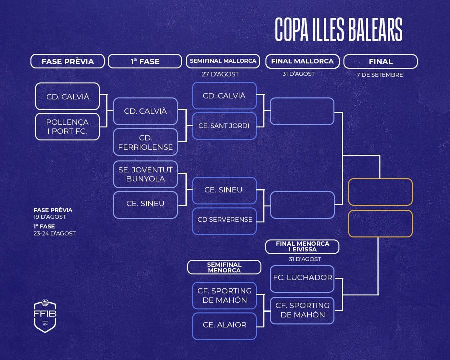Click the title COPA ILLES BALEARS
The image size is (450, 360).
(x=338, y=31)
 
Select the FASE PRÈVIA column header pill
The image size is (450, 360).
(x=67, y=61)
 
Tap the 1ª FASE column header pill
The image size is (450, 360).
(x=145, y=61)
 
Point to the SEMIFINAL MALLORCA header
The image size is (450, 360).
(x=223, y=61)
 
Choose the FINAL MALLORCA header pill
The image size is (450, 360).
(x=302, y=61)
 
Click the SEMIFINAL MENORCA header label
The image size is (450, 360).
(x=224, y=267)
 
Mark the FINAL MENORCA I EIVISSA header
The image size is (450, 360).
(x=302, y=247)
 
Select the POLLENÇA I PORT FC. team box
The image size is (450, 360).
(x=67, y=127)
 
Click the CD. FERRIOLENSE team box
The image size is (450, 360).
(x=145, y=142)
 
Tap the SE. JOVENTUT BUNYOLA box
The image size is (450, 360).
(x=145, y=174)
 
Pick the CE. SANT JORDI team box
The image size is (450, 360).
(x=224, y=126)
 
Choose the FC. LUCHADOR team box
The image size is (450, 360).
(x=302, y=278)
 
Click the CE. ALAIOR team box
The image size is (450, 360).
(x=224, y=325)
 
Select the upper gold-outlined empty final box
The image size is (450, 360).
(x=380, y=192)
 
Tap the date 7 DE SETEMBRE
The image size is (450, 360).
(x=380, y=75)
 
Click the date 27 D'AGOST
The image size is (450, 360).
(x=220, y=74)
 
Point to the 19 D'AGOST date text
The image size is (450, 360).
(x=50, y=217)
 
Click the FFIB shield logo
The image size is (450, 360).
(x=45, y=315)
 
